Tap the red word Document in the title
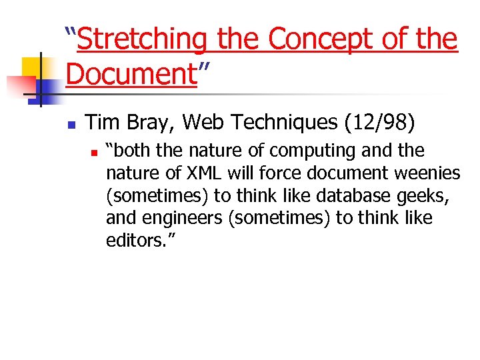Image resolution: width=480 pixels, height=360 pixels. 129,73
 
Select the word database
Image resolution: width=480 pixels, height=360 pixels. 351,196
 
